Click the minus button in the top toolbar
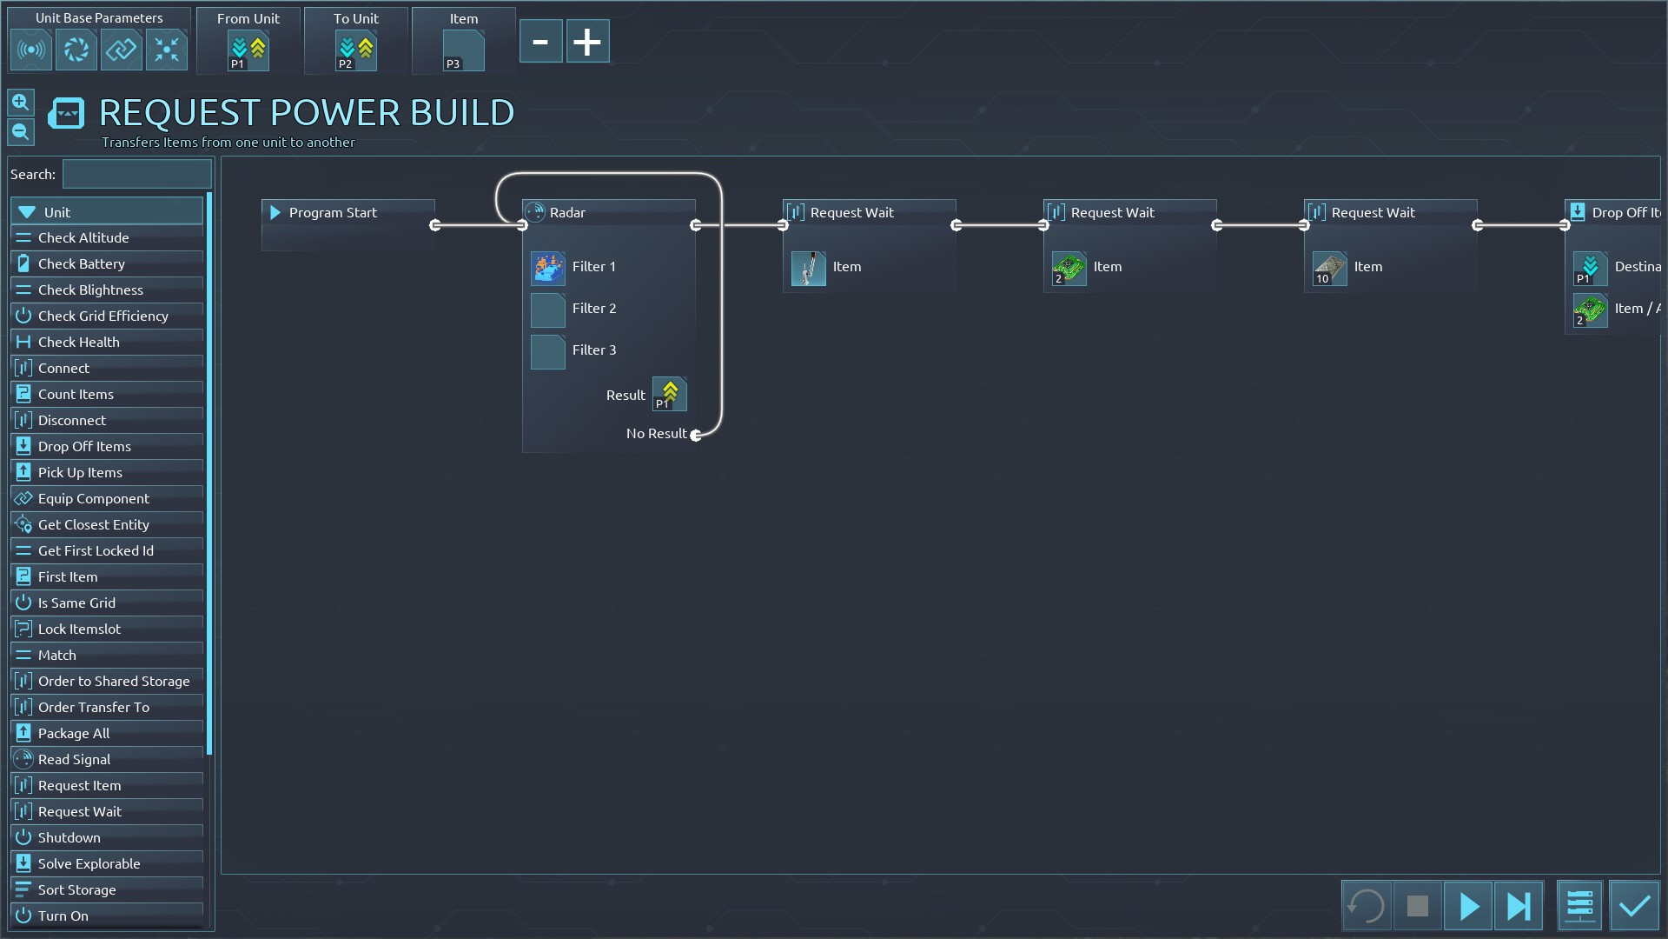[540, 42]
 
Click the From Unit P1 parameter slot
[248, 51]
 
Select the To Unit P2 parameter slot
[355, 51]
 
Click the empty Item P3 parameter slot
[463, 51]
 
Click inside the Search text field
[136, 174]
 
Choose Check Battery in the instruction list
[82, 263]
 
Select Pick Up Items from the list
[80, 472]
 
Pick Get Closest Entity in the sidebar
[93, 524]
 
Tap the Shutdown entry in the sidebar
[69, 837]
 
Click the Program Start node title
[333, 212]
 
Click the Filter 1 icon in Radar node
[548, 268]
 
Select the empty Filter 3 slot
[548, 351]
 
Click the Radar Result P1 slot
[670, 395]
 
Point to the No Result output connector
[696, 435]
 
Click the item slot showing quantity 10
[1329, 269]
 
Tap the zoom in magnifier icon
[21, 103]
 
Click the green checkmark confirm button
[1634, 906]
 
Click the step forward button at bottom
[1518, 906]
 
